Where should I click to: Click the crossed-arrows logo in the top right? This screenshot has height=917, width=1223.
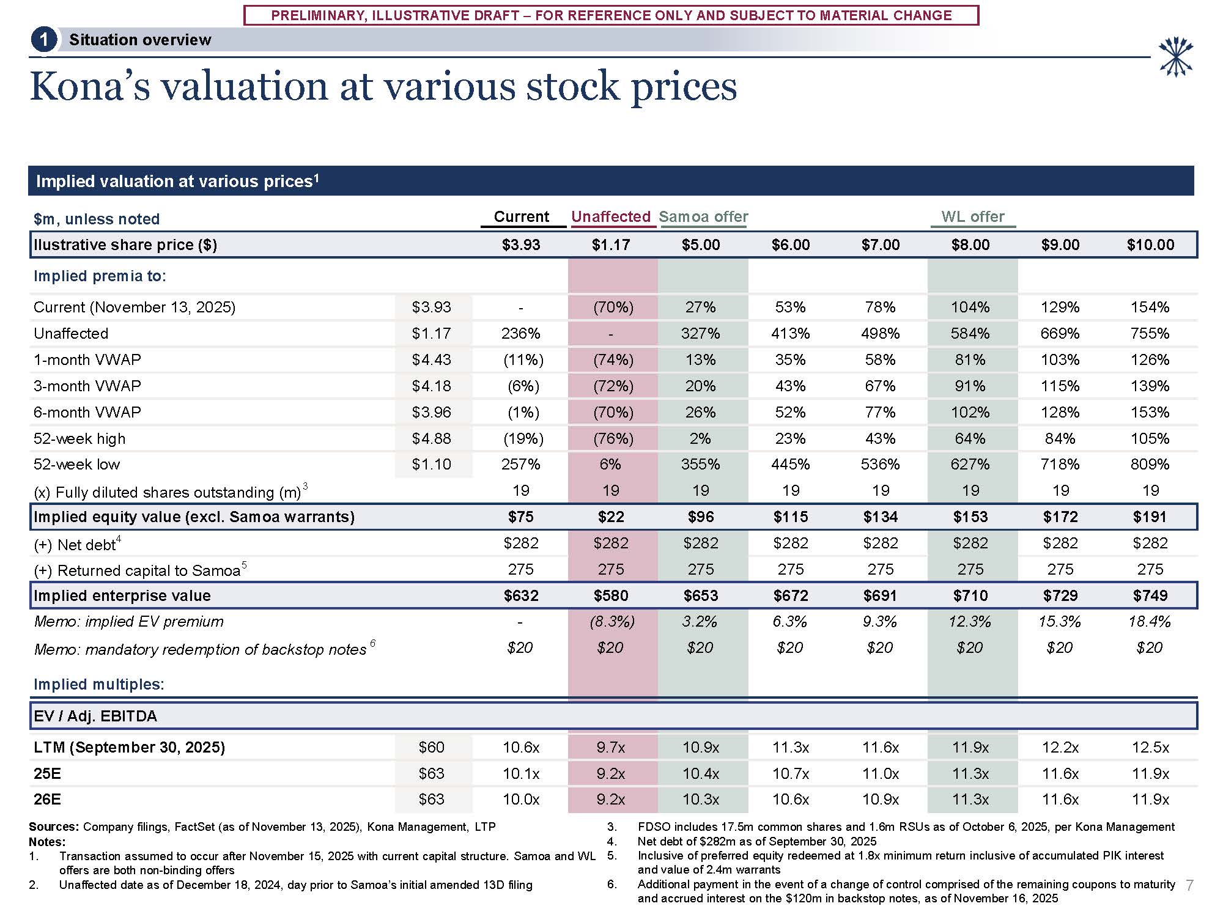(1176, 57)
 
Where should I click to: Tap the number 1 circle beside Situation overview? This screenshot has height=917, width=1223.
(43, 40)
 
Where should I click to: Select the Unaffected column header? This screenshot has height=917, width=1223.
(610, 217)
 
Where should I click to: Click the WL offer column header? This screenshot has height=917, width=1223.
(972, 217)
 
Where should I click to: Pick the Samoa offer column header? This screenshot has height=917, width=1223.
(703, 217)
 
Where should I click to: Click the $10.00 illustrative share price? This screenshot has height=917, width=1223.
(1150, 245)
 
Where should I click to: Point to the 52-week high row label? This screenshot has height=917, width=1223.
(79, 438)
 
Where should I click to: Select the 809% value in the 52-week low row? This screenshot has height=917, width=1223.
(1150, 465)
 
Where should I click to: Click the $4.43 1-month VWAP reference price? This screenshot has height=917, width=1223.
(431, 360)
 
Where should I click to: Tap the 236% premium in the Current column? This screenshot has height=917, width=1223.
(520, 334)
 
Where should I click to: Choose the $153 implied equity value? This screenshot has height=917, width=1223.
(970, 517)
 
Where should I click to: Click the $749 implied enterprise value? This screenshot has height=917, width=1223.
(1150, 596)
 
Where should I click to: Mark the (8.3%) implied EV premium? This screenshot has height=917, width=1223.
(612, 622)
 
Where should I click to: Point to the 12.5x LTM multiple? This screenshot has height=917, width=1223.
(1150, 748)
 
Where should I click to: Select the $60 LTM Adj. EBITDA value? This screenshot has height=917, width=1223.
(431, 748)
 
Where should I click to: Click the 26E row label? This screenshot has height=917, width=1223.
(47, 800)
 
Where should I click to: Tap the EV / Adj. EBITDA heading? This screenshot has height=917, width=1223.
(95, 716)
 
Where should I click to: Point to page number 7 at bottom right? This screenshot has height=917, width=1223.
(1189, 885)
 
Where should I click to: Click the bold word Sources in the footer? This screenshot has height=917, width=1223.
(53, 827)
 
